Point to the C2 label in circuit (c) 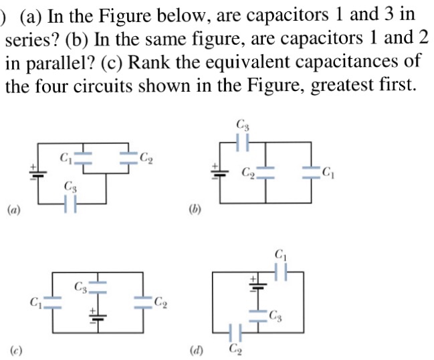click(x=160, y=305)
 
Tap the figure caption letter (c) click(x=13, y=349)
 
